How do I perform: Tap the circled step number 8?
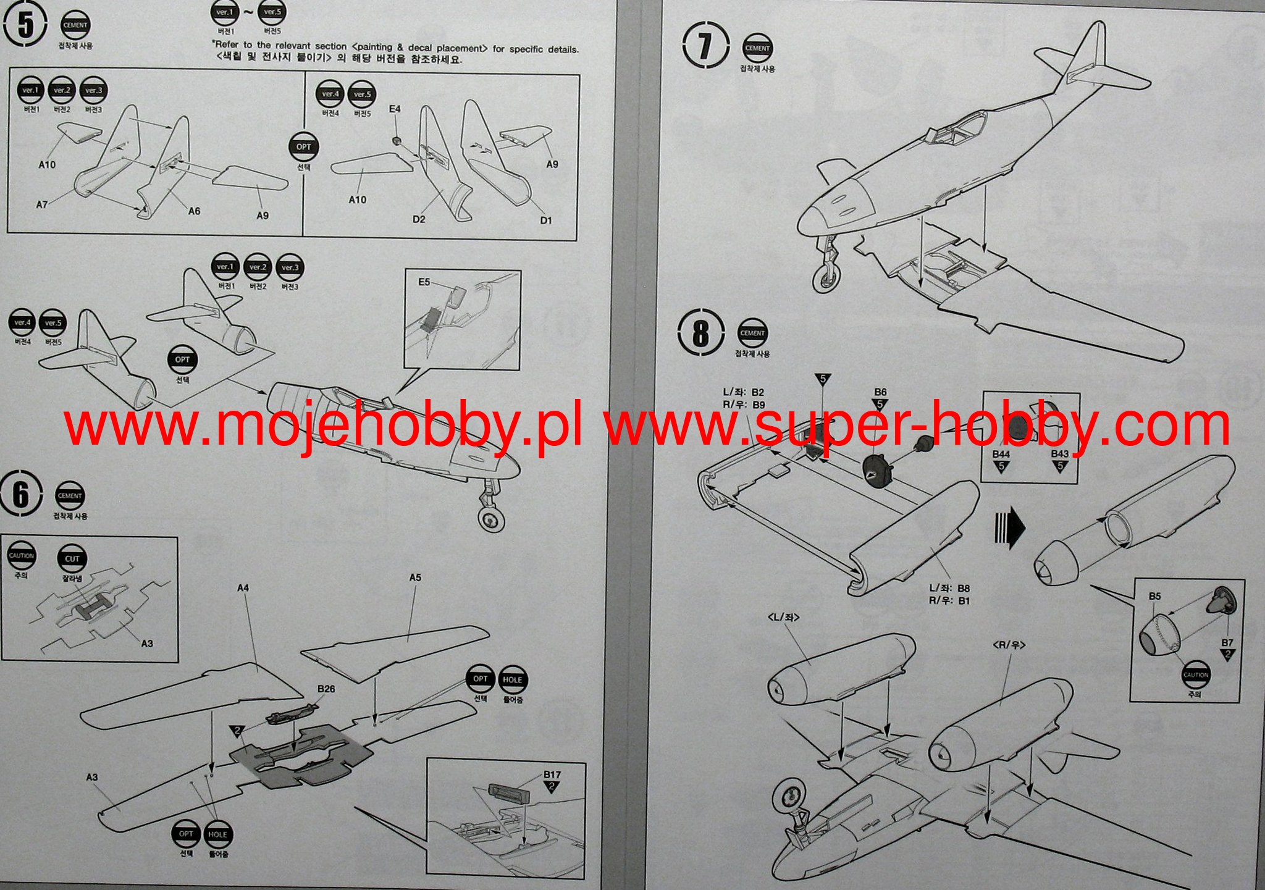click(701, 334)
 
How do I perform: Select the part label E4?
click(395, 109)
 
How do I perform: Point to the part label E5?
click(424, 282)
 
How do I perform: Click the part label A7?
click(42, 204)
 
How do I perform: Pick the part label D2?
click(419, 219)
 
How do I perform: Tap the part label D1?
click(546, 220)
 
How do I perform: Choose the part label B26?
click(326, 689)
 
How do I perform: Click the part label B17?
click(552, 775)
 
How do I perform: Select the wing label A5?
click(415, 577)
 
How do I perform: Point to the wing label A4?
click(243, 588)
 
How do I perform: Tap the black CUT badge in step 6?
click(72, 559)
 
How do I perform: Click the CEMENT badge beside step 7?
click(757, 48)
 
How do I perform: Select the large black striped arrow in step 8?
click(1009, 529)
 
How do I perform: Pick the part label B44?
click(1001, 455)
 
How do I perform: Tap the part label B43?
click(1060, 454)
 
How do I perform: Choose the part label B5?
click(1154, 597)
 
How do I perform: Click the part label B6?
click(880, 392)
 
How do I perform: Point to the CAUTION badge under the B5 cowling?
click(1195, 675)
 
